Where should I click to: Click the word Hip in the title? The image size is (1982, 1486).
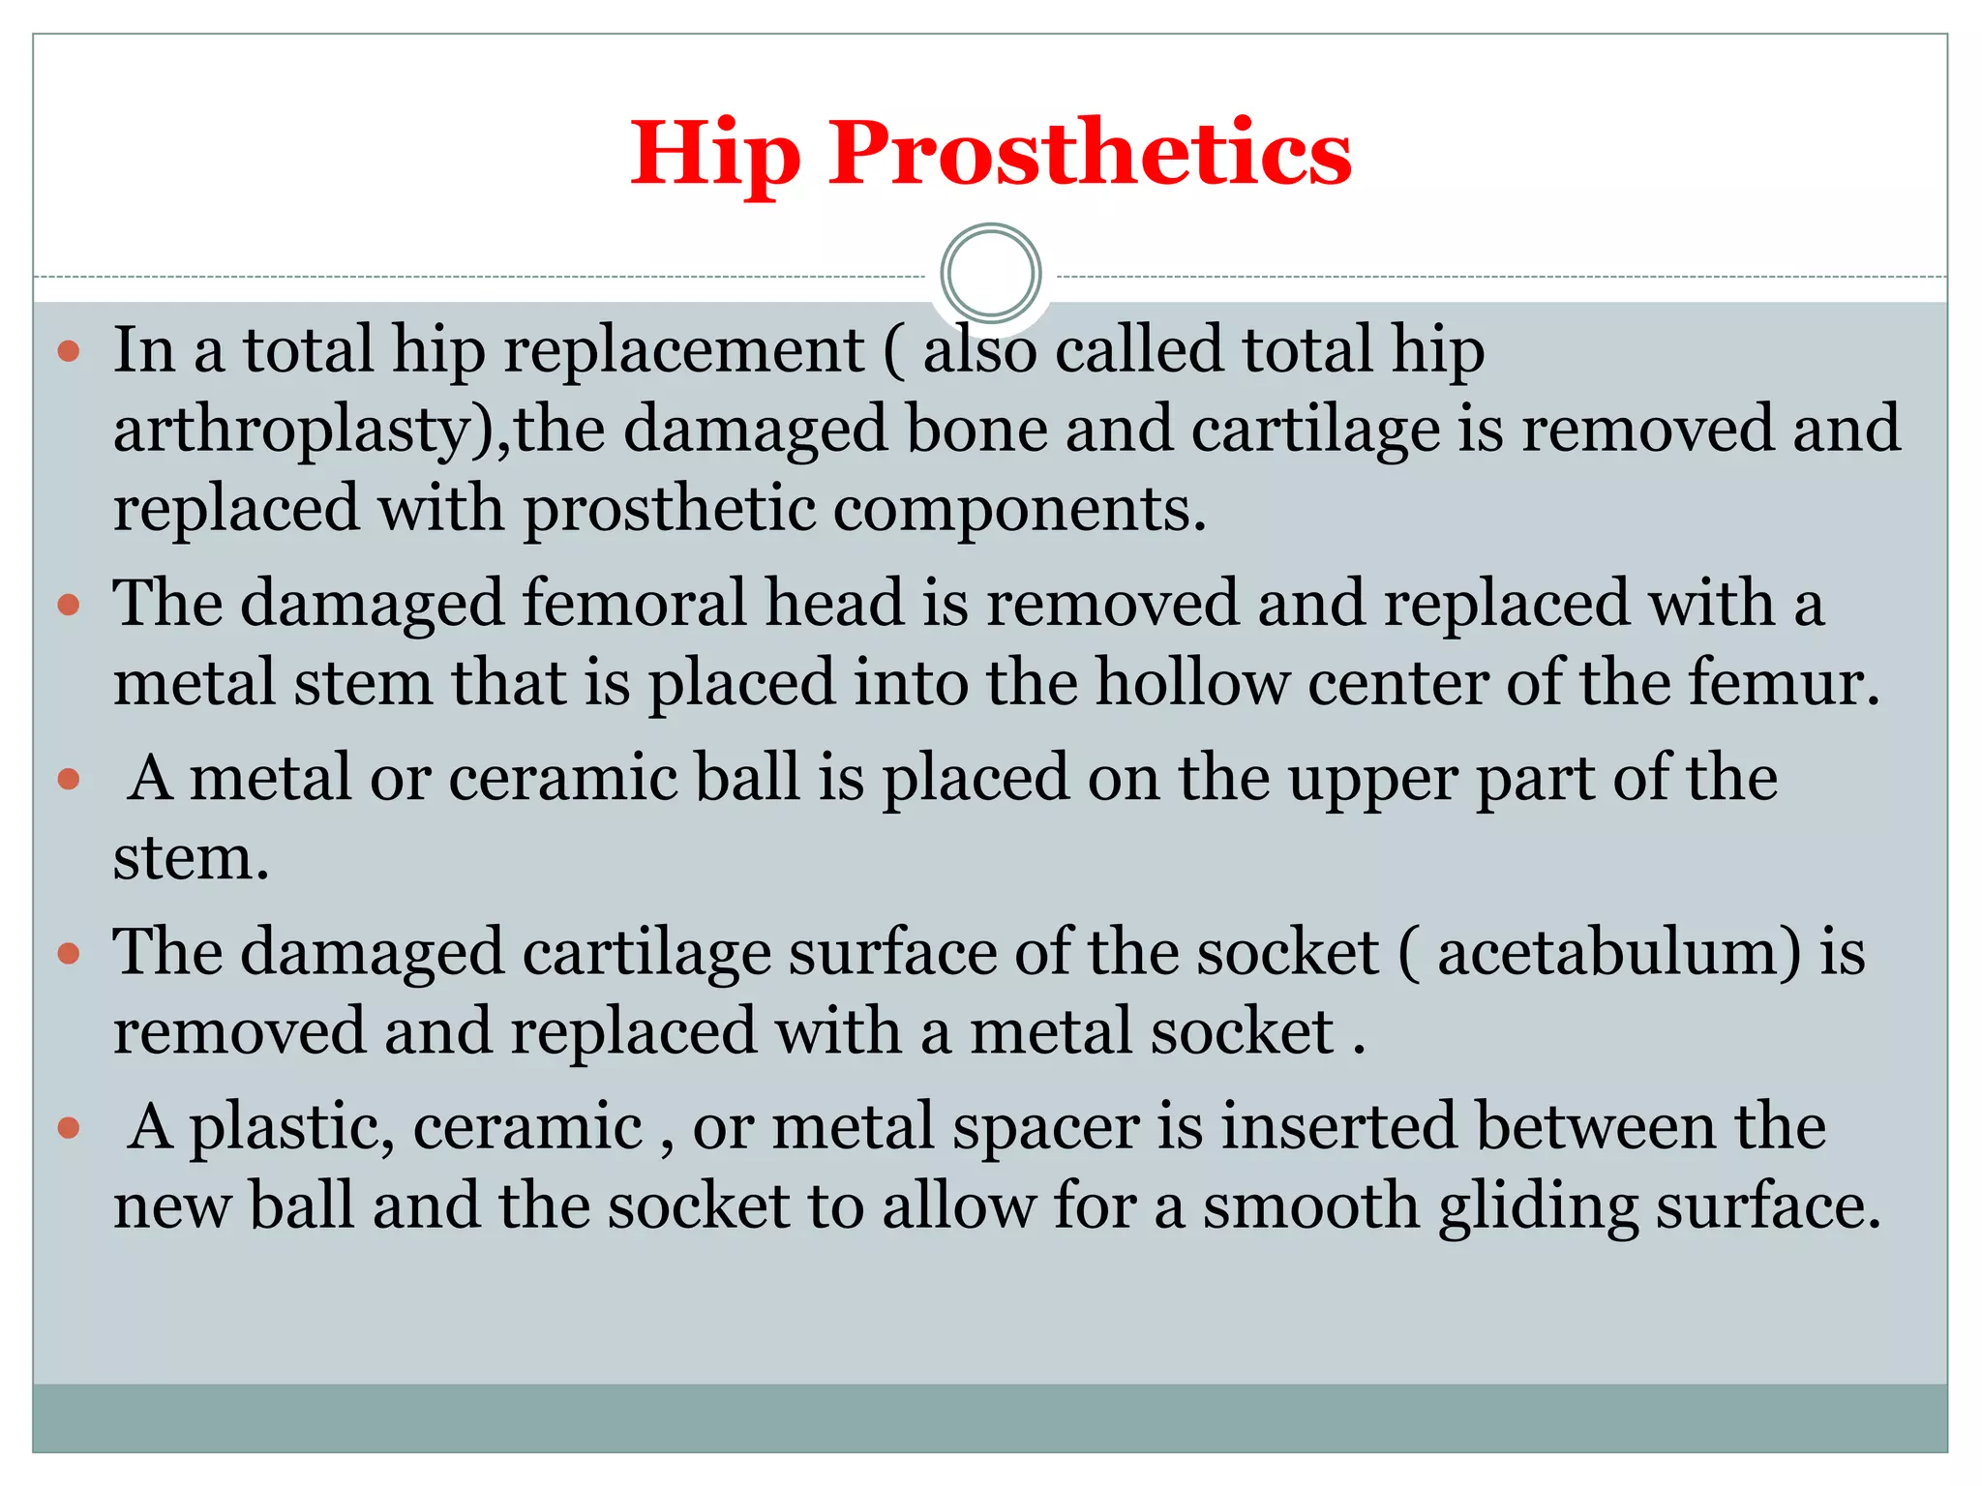point(715,154)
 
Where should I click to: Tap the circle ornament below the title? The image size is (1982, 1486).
point(990,274)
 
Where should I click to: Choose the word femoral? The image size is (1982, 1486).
point(635,604)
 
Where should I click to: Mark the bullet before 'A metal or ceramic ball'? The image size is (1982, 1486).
point(68,779)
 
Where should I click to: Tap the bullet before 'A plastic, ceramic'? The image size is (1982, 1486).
point(68,1128)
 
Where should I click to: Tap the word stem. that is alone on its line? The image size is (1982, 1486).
point(191,858)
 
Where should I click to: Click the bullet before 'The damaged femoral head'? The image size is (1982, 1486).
point(68,606)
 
